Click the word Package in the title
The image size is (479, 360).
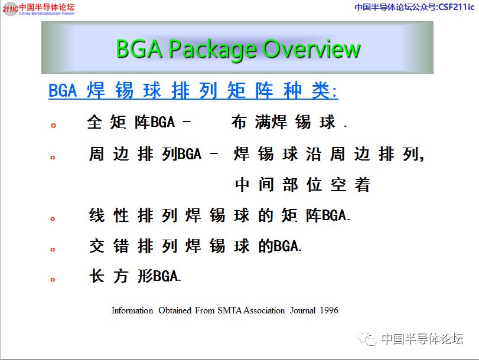[213, 50]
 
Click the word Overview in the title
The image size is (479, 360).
[312, 48]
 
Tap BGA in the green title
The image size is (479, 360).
[139, 48]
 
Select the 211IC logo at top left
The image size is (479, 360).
[10, 8]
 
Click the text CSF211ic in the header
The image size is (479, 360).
[457, 7]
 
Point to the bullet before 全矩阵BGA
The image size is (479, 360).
[54, 126]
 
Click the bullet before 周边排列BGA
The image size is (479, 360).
[53, 158]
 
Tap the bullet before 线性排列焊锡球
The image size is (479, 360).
[53, 218]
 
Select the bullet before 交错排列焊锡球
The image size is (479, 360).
[53, 250]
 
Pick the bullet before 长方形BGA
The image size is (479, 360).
[53, 279]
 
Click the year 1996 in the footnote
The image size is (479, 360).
[329, 310]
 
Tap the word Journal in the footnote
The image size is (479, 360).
[303, 310]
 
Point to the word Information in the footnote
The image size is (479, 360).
[132, 310]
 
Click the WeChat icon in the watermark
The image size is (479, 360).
[368, 339]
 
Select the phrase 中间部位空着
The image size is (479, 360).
[302, 185]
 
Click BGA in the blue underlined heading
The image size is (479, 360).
[63, 91]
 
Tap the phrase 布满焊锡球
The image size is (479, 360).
[284, 122]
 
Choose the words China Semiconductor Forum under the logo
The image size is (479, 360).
[47, 14]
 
